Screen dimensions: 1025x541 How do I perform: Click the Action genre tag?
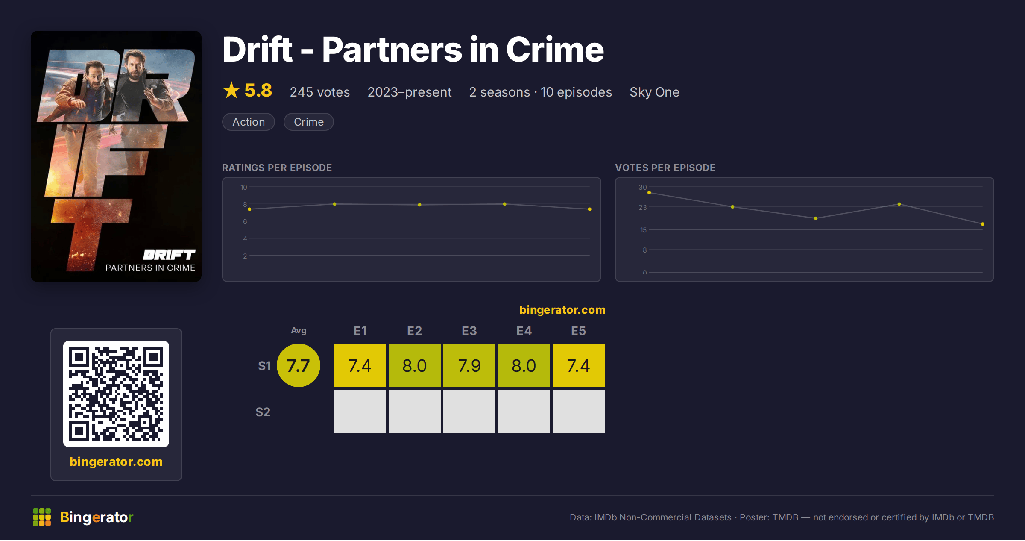point(249,122)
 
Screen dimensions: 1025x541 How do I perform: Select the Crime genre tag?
point(308,122)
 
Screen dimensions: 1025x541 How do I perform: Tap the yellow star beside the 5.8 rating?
point(231,90)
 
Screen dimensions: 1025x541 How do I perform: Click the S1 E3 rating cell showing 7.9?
point(469,365)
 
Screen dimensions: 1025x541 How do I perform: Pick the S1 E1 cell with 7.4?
point(360,365)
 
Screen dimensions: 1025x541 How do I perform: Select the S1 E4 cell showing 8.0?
point(524,365)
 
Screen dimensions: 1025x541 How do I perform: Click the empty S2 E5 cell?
point(579,412)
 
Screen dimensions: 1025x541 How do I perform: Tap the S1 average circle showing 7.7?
point(299,365)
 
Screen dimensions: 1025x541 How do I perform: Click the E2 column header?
point(415,331)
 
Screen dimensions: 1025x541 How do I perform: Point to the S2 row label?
point(263,412)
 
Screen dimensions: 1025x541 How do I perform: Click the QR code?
point(116,394)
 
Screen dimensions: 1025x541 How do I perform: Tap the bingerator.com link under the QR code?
point(116,462)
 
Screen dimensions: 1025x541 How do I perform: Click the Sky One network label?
point(654,92)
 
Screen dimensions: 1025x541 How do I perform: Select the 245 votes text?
point(320,92)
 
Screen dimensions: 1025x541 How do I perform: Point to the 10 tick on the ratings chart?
point(244,187)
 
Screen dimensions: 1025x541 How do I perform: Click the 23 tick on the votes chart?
point(643,207)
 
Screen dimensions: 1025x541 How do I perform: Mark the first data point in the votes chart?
point(649,193)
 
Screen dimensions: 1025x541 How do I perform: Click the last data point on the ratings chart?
point(590,209)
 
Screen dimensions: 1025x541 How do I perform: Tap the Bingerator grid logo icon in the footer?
point(42,517)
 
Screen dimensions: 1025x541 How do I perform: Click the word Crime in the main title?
point(555,50)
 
